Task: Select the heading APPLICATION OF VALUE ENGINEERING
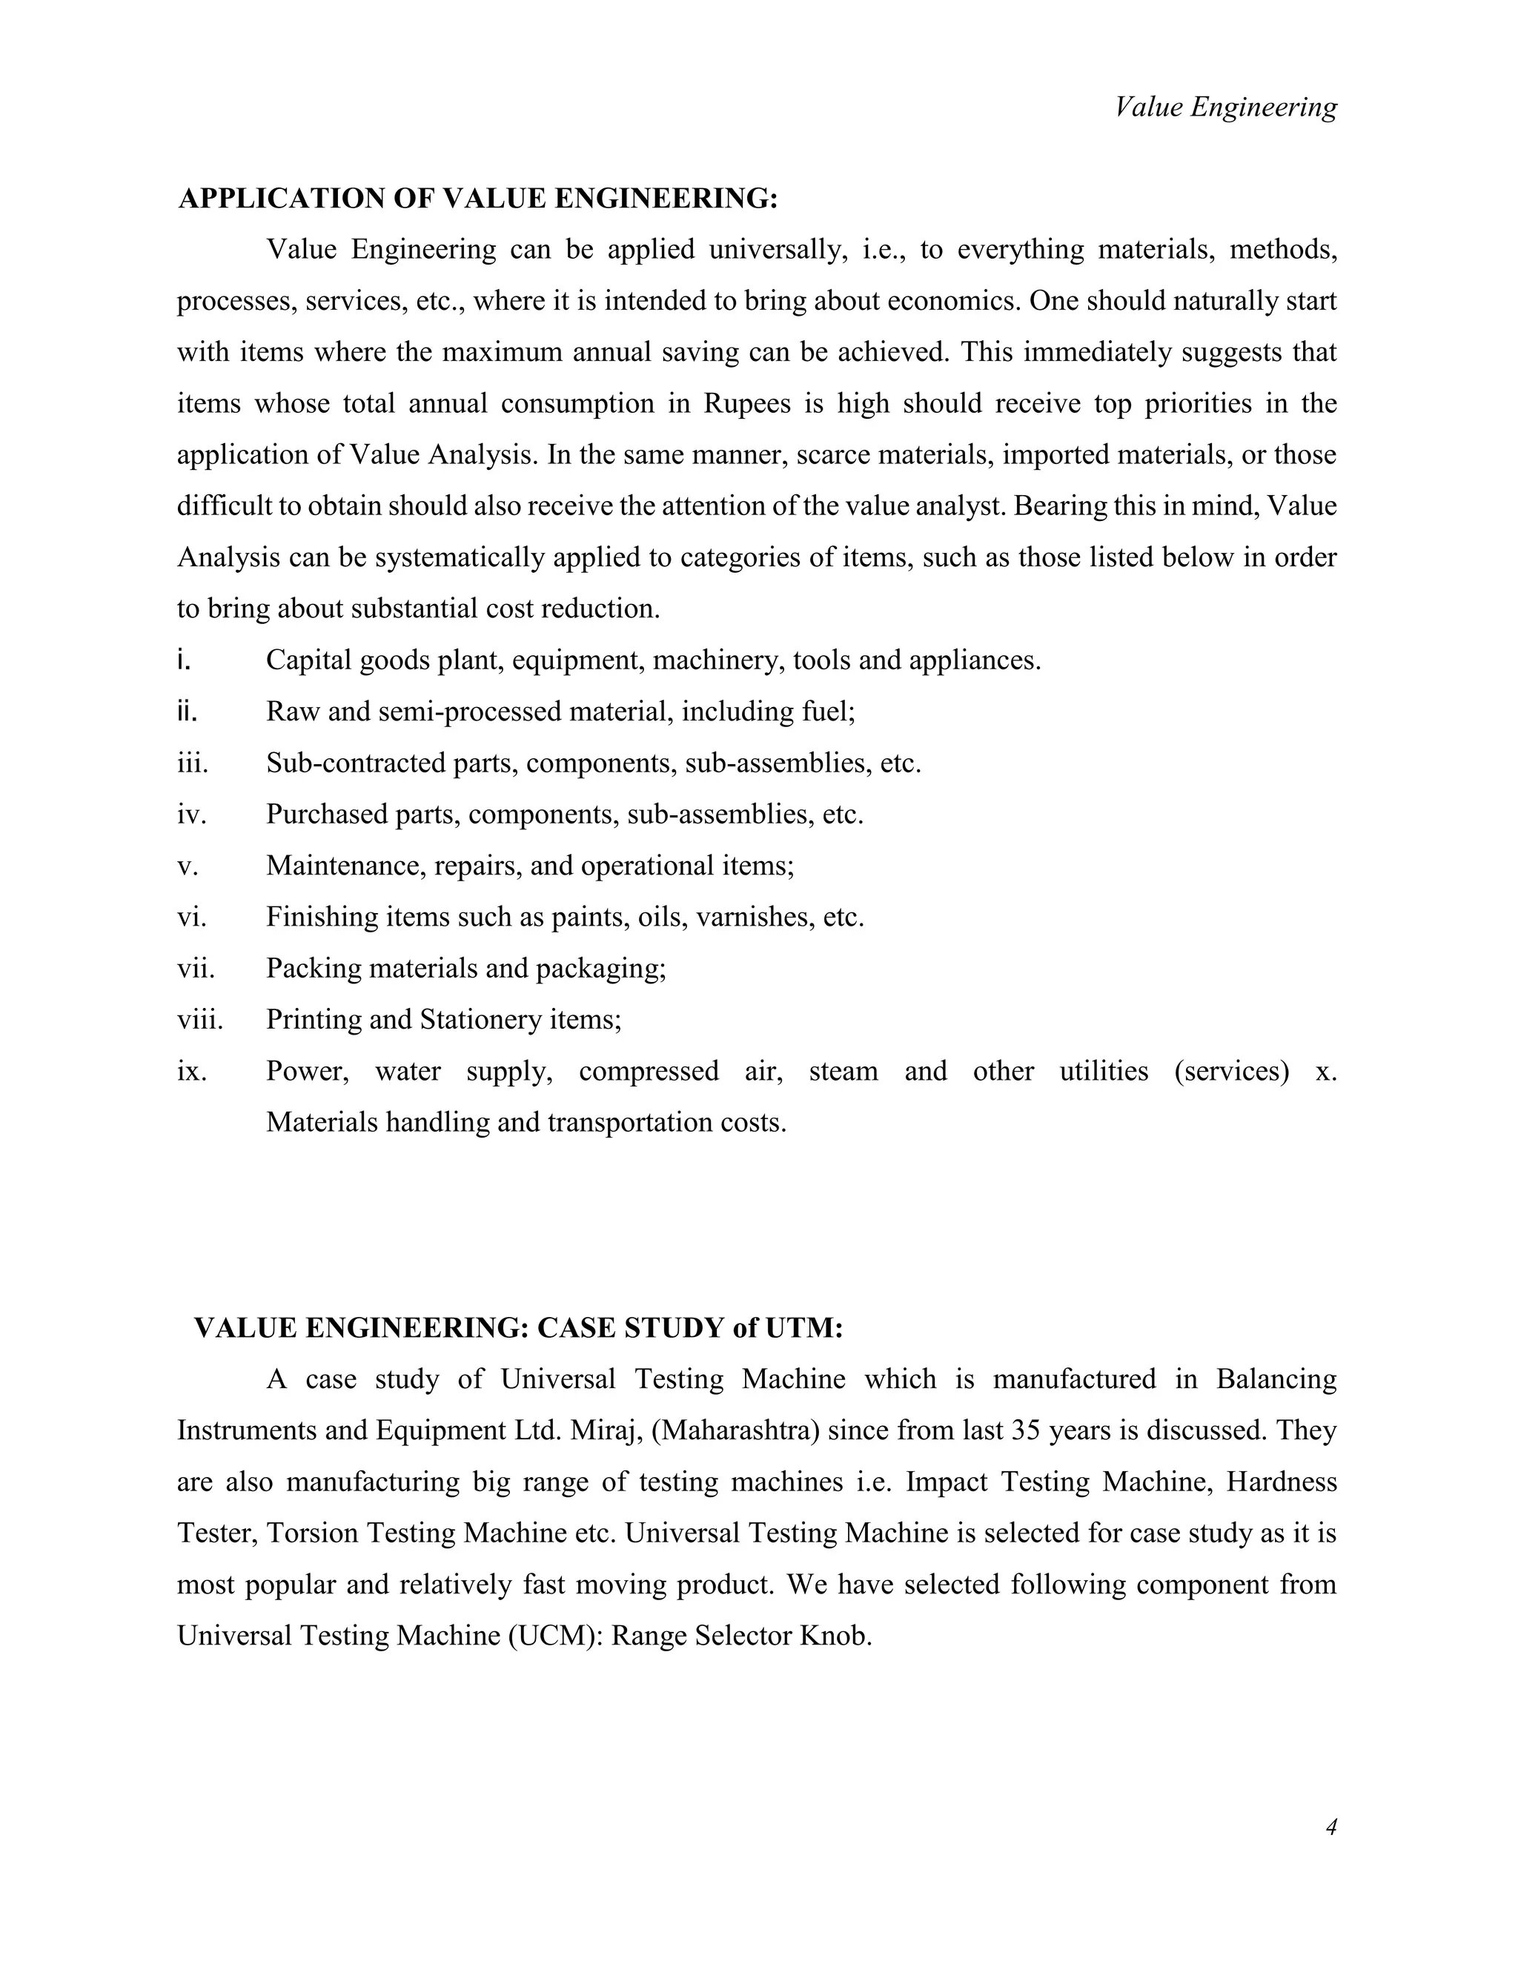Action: pos(477,199)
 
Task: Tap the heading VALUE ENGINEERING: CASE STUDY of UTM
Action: pos(519,1328)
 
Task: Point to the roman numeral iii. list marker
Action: pos(193,763)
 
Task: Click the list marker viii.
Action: pos(199,1020)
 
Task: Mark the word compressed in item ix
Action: pos(649,1071)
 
